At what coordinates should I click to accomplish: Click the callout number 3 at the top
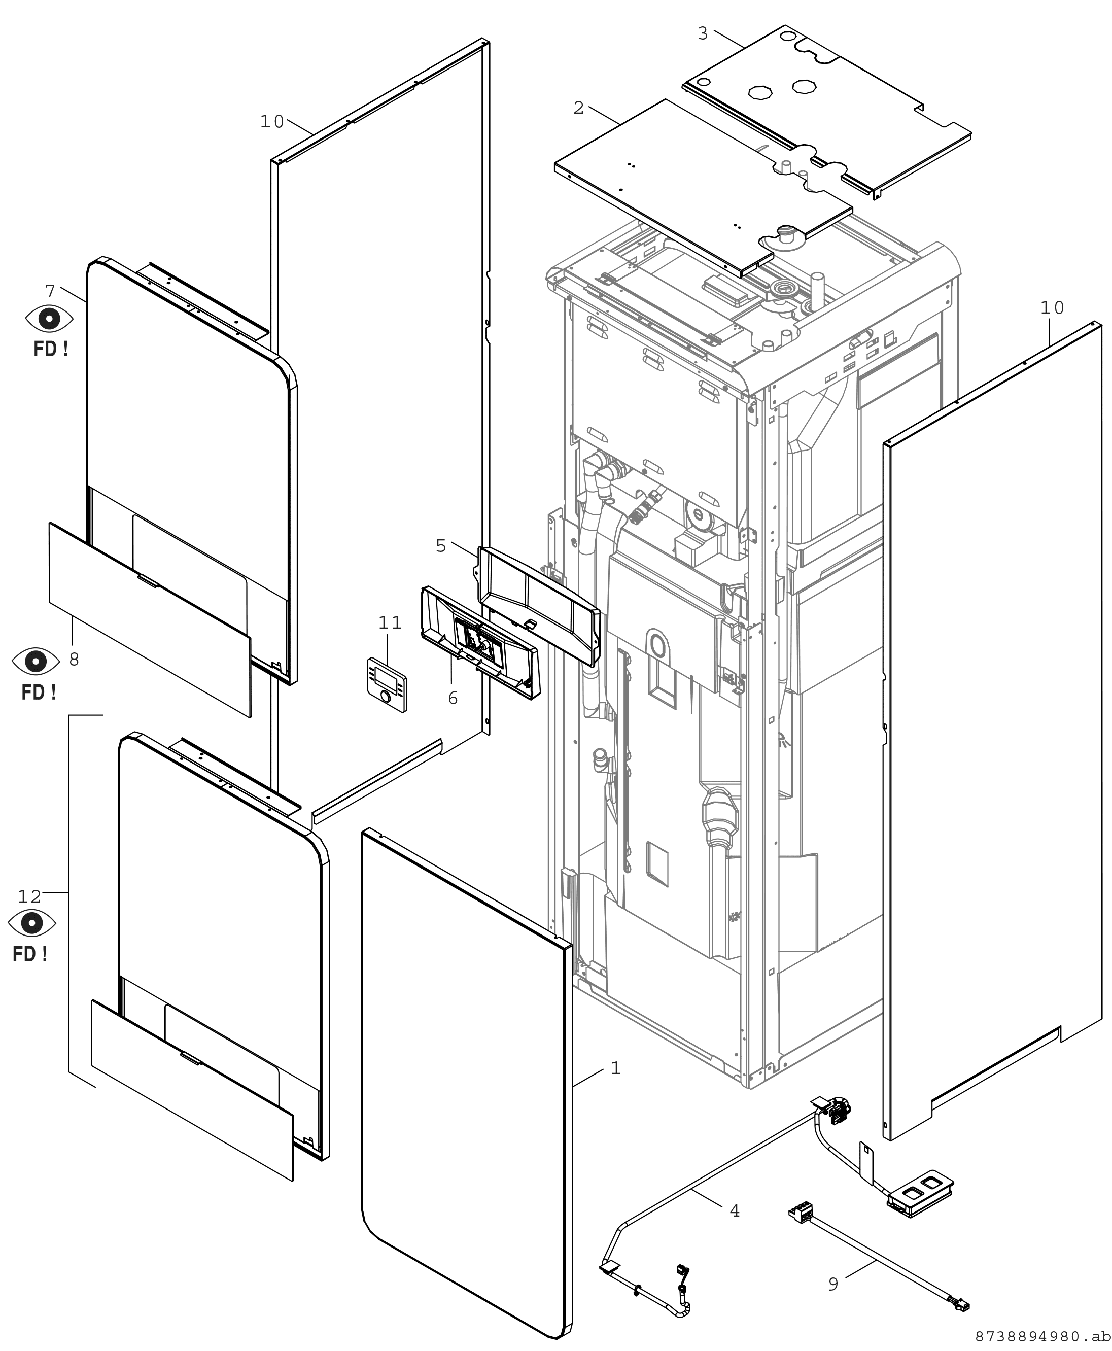703,33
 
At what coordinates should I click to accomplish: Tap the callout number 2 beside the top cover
578,108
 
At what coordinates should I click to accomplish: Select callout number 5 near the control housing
441,546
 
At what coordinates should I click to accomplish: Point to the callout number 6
453,698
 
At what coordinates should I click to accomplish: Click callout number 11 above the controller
390,622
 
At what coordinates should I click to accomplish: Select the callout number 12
29,897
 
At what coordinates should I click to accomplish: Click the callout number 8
74,659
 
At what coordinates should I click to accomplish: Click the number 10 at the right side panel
1052,308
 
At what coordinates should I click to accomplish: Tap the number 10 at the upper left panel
271,122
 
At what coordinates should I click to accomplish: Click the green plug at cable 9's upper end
800,1213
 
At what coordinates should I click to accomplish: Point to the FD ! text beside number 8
39,692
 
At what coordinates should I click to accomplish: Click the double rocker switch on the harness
920,1192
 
